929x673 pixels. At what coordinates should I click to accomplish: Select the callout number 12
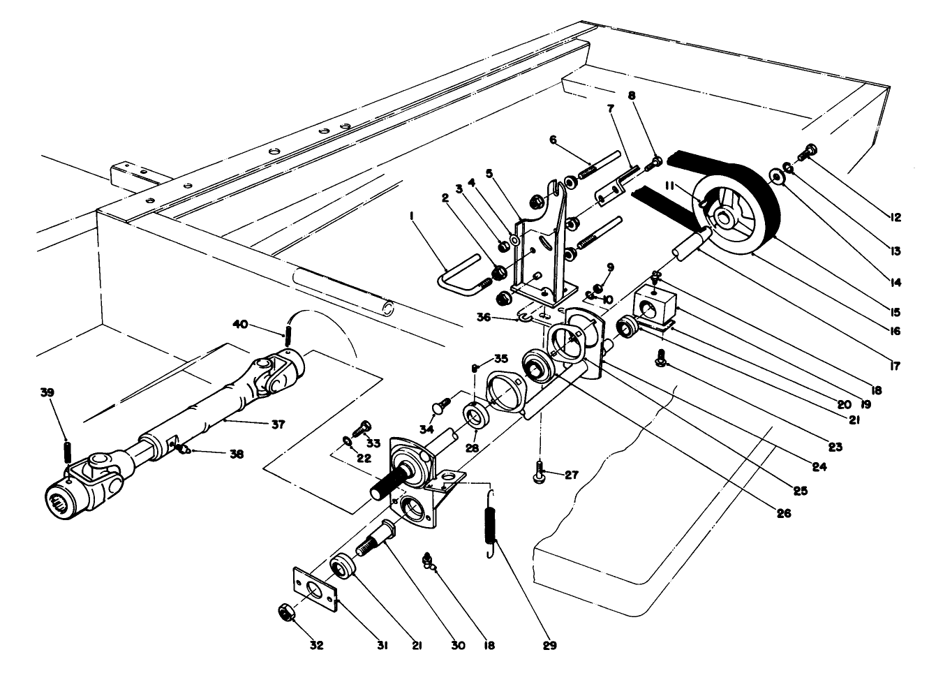895,217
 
